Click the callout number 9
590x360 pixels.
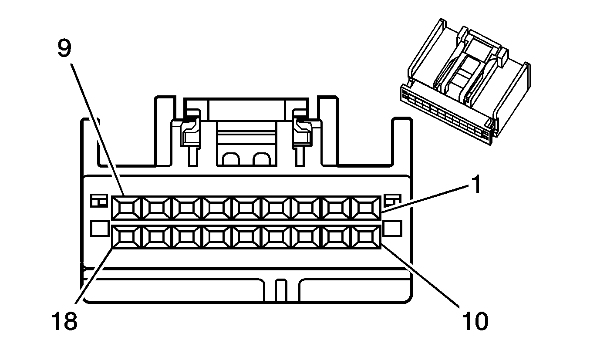pos(64,49)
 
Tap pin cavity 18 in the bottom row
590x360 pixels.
pos(127,237)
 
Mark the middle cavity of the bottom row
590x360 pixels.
pos(247,237)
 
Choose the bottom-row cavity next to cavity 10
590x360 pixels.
pos(337,237)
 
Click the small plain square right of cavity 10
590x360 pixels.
pos(394,228)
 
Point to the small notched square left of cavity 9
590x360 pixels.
pos(99,201)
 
